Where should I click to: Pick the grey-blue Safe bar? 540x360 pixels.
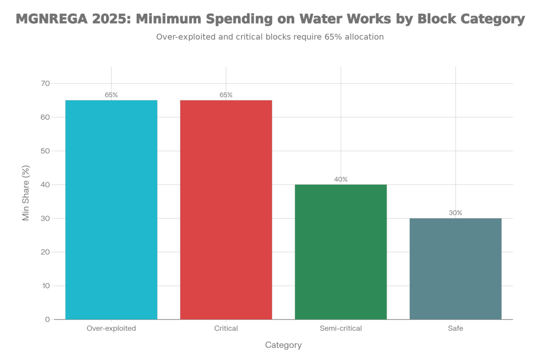(456, 268)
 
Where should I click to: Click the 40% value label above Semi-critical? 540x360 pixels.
(341, 179)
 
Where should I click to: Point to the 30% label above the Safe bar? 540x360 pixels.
(456, 213)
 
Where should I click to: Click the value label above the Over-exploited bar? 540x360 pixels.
(111, 95)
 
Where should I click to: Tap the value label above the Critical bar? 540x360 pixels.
(226, 95)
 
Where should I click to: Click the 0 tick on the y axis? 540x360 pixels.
(47, 319)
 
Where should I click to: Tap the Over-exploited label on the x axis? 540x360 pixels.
(111, 328)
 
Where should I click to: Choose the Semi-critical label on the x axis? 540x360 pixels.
(341, 328)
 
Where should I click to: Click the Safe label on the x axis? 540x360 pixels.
(456, 328)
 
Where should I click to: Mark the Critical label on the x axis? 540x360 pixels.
(226, 328)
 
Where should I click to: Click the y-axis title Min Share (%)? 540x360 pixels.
(25, 192)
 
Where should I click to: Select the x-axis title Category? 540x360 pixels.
(283, 345)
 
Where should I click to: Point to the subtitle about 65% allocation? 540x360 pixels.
(270, 37)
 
